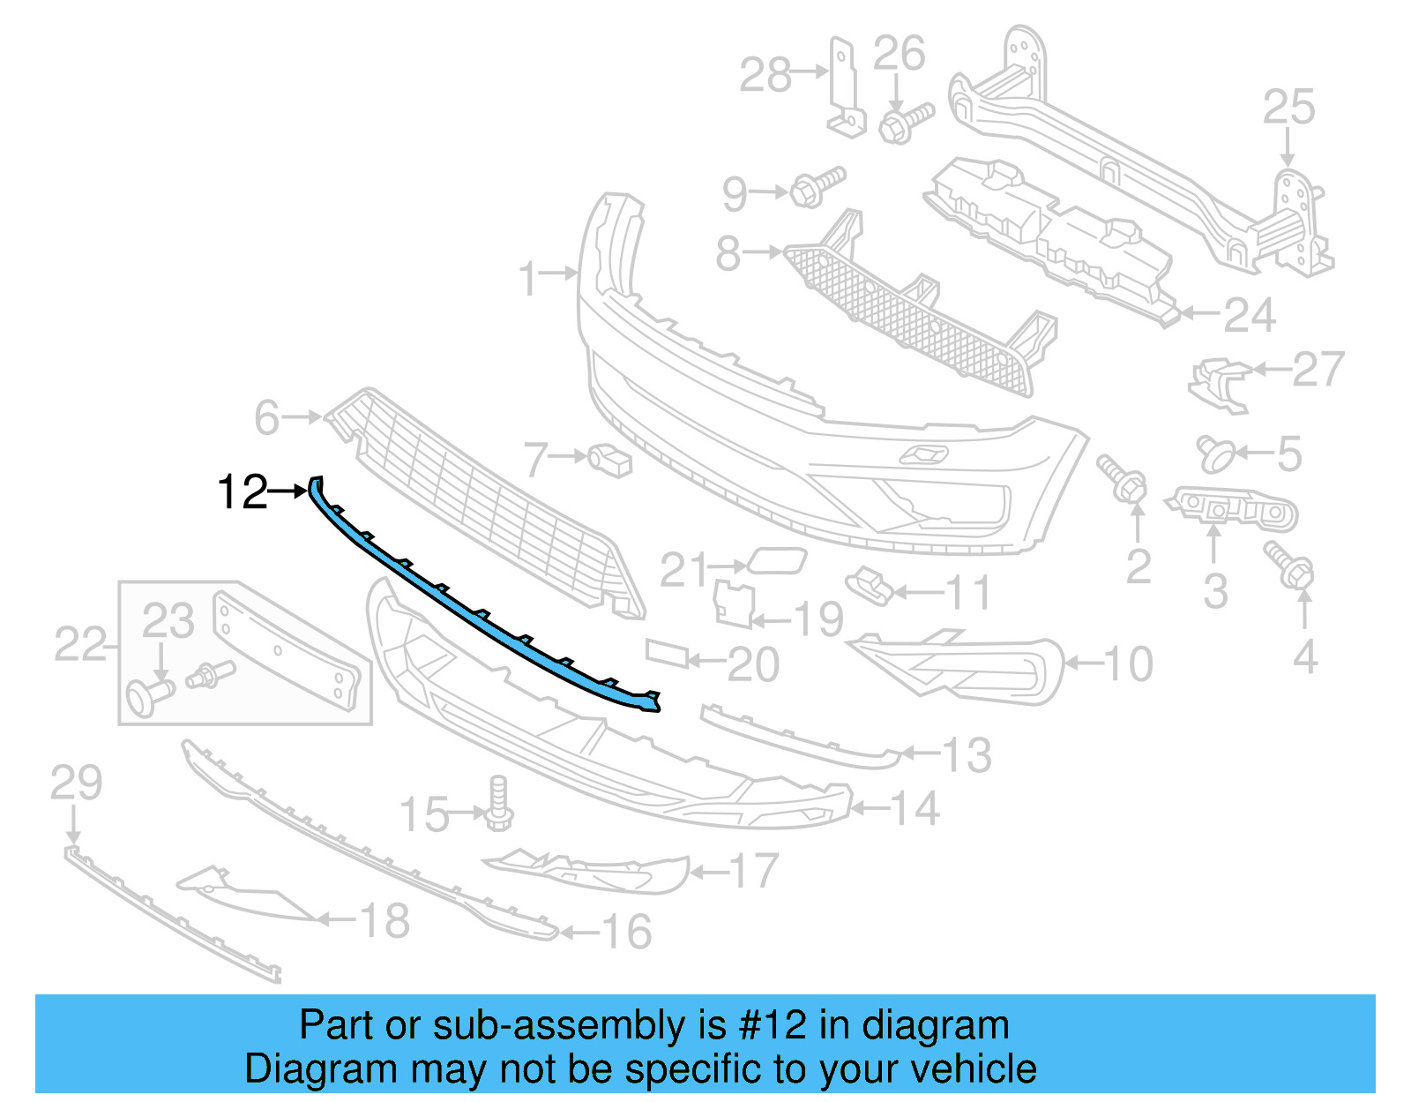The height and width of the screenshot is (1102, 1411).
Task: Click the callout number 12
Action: (x=242, y=491)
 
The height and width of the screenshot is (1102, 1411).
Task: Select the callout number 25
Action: (x=1288, y=107)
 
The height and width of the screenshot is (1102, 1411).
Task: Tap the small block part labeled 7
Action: (x=611, y=459)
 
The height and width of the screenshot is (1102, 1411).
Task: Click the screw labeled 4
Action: (x=1289, y=565)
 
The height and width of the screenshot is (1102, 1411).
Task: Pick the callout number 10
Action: (x=1128, y=663)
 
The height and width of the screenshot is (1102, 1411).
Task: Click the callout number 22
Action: (x=80, y=643)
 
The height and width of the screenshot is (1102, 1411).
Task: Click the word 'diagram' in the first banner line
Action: (x=935, y=1025)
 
